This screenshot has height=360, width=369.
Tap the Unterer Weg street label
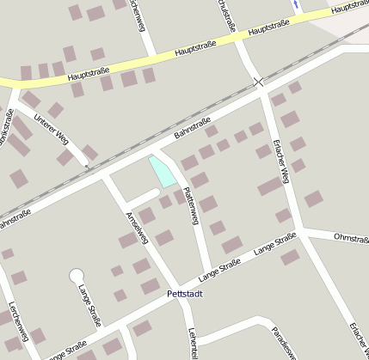click(45, 125)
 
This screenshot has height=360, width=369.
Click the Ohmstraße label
click(350, 236)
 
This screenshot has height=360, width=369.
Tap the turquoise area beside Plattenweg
click(162, 171)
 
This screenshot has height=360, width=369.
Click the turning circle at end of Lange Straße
click(76, 276)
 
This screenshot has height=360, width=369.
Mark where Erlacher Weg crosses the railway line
click(259, 82)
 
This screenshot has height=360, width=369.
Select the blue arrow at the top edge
click(296, 4)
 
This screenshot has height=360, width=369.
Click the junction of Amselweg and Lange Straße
click(177, 289)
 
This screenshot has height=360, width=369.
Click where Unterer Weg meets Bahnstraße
click(88, 163)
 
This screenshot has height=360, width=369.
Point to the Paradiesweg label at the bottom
click(285, 342)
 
